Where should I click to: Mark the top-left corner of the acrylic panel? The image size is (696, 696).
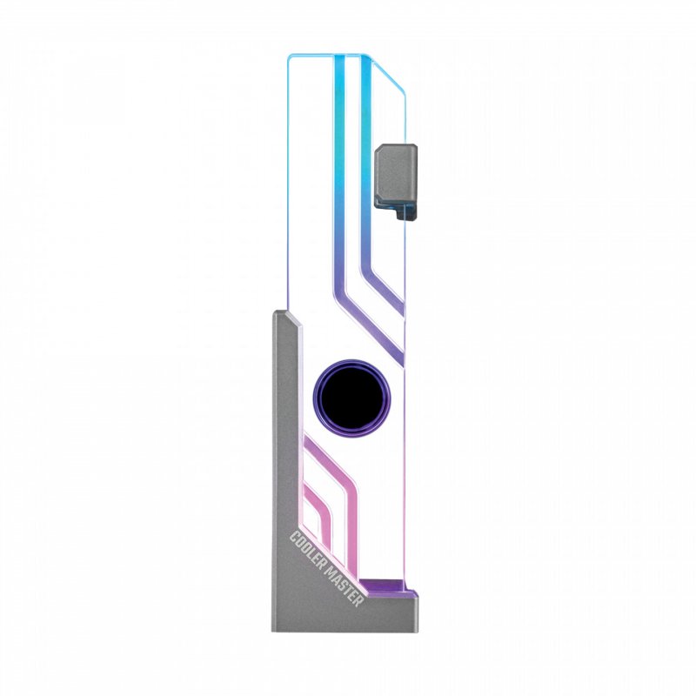click(290, 57)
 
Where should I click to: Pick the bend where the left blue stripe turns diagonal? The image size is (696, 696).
click(340, 261)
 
